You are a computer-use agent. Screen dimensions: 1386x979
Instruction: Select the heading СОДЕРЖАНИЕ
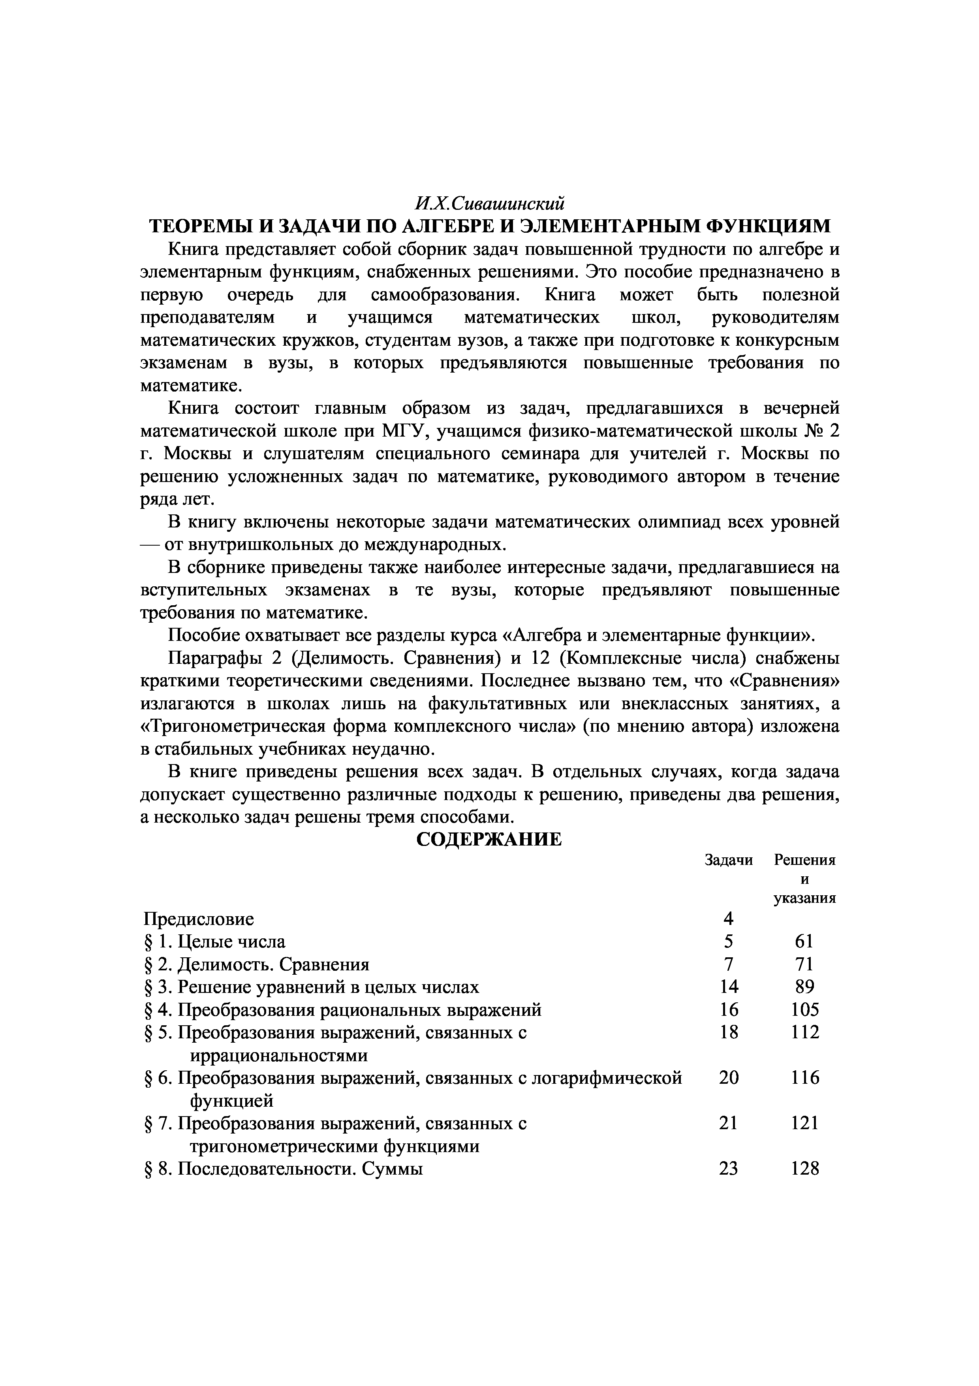[x=489, y=840]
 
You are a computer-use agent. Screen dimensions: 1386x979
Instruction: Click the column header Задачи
[x=729, y=860]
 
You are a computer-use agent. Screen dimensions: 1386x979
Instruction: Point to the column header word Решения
[x=805, y=860]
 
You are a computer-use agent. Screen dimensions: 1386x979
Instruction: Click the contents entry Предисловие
[x=199, y=919]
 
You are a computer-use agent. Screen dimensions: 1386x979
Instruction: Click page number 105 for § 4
[x=805, y=1010]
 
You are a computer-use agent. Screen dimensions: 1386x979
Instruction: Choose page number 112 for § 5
[x=805, y=1032]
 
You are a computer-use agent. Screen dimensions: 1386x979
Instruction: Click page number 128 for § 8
[x=805, y=1169]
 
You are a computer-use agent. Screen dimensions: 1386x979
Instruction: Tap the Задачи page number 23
[x=729, y=1169]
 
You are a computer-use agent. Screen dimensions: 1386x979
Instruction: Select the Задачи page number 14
[x=729, y=987]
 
